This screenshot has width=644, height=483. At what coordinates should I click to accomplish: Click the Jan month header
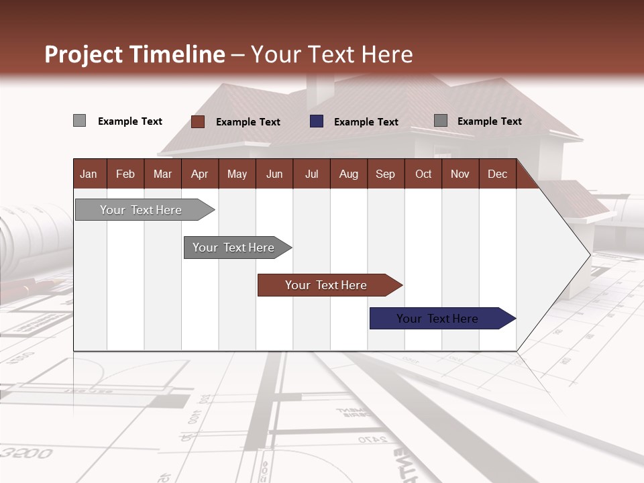point(89,174)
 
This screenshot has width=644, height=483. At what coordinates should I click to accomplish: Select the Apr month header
point(200,174)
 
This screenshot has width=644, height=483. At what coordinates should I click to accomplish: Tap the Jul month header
point(311,174)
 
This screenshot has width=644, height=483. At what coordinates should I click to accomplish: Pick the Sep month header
point(385,174)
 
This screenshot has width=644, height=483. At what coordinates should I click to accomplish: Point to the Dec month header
point(497,174)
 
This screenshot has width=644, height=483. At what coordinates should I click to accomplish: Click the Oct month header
point(423,174)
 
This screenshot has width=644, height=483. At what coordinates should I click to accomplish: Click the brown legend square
point(197,121)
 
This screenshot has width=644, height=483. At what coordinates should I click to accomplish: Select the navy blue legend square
point(317,121)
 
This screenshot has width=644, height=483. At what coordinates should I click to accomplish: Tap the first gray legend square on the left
point(79,121)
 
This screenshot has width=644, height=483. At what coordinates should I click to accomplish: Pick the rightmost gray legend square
point(441,121)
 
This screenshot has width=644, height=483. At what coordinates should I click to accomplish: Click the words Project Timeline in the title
point(134,54)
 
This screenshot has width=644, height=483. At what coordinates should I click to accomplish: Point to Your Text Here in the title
point(332,54)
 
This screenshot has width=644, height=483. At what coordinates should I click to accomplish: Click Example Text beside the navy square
point(366,122)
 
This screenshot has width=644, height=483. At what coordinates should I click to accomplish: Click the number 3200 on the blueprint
point(27,454)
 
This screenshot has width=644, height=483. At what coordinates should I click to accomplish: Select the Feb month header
point(125,174)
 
